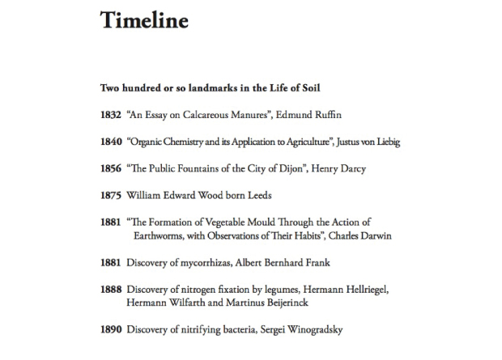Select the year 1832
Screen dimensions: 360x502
pos(111,115)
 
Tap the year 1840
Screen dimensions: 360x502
pos(111,142)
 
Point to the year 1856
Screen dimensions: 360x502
pos(111,168)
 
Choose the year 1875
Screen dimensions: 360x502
pos(111,195)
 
